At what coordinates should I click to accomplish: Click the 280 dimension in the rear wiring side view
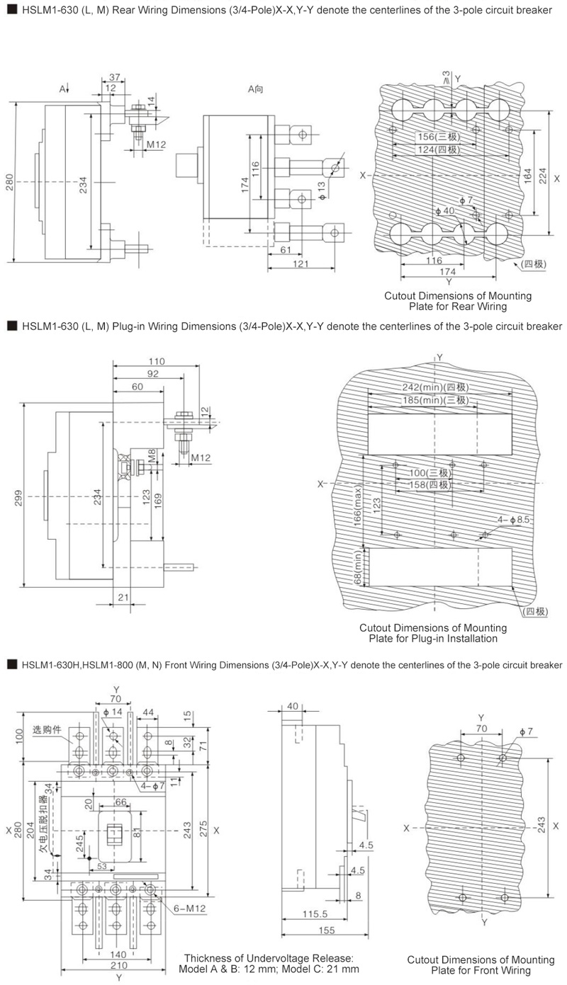[9, 183]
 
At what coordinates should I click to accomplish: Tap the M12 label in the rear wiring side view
[156, 144]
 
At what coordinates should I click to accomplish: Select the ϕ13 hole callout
[322, 191]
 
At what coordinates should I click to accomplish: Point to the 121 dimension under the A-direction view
[301, 263]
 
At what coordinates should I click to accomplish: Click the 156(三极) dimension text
[439, 137]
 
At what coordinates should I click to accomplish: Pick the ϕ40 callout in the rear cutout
[445, 210]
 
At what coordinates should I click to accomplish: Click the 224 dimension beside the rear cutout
[543, 176]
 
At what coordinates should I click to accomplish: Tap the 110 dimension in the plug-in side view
[157, 361]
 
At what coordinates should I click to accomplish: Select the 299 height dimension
[18, 498]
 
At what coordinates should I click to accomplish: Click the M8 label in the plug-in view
[152, 455]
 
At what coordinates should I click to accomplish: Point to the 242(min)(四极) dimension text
[435, 387]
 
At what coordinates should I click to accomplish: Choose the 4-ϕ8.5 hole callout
[513, 519]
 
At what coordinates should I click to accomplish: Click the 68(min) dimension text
[357, 567]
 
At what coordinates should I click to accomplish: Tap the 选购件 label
[47, 730]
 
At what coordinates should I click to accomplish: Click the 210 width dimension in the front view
[119, 965]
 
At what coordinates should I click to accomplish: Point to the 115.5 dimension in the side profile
[315, 913]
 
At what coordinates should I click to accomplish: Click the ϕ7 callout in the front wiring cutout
[526, 731]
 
